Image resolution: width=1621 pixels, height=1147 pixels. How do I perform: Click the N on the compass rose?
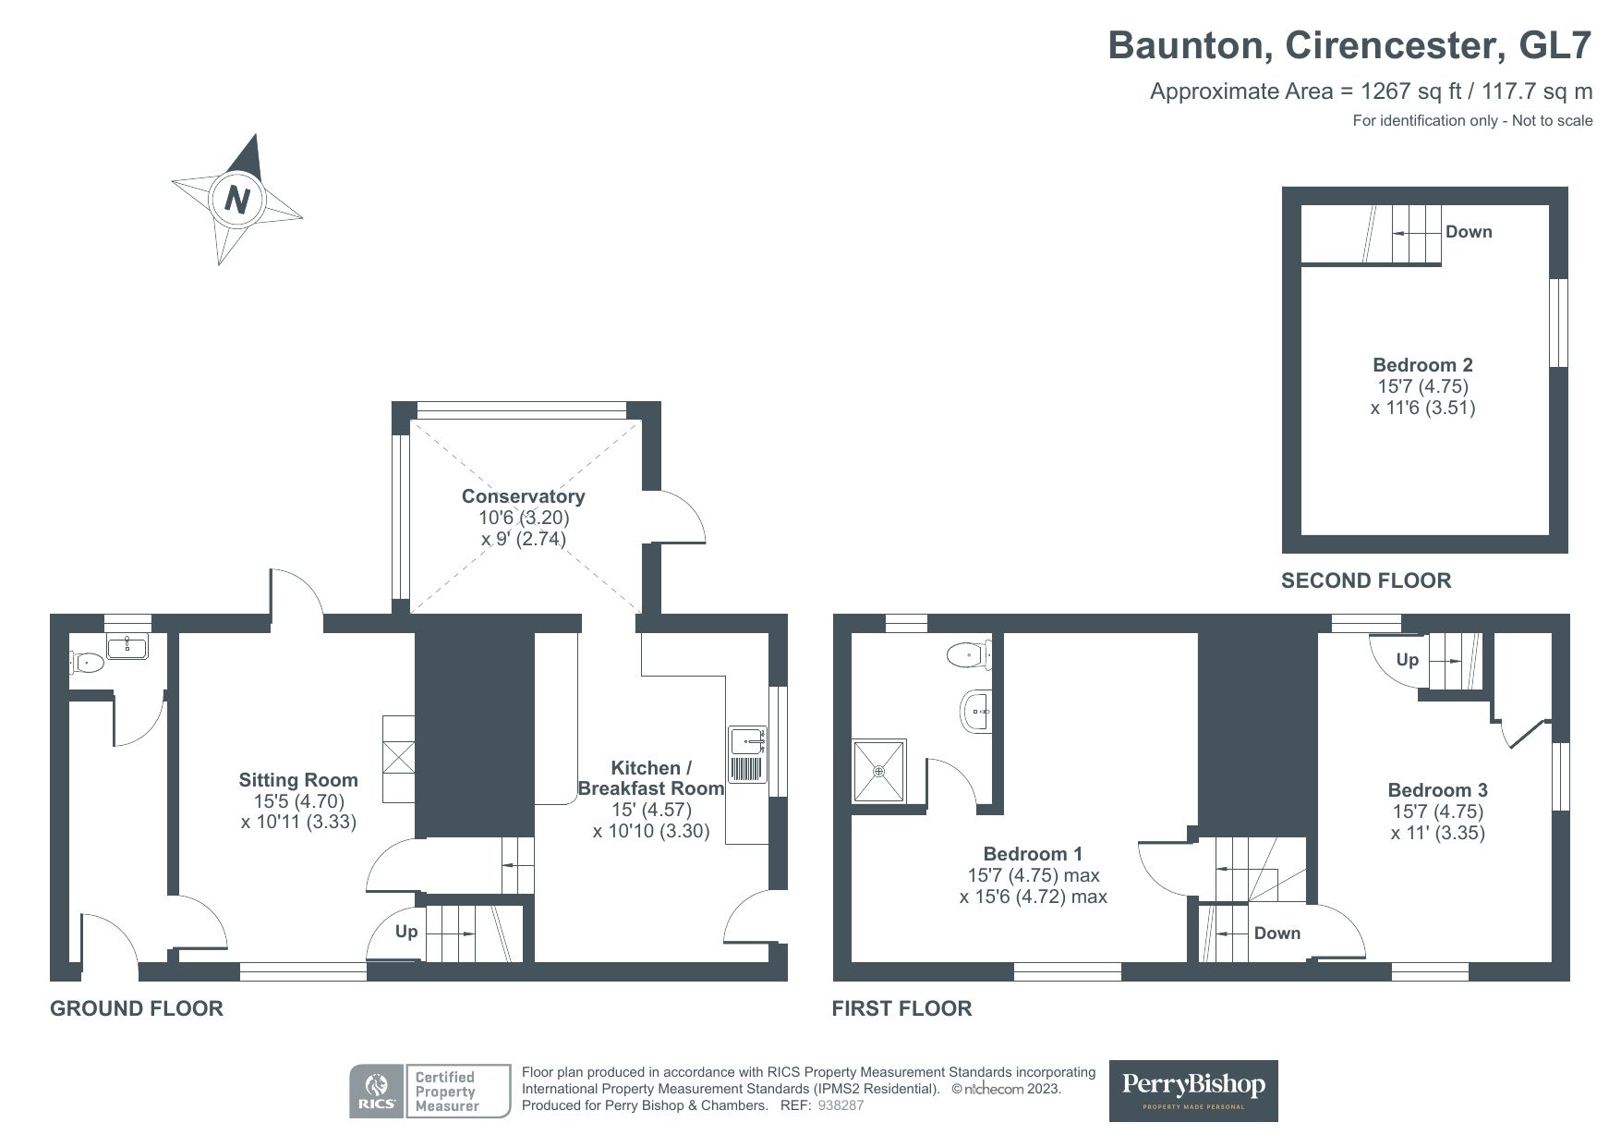(x=237, y=200)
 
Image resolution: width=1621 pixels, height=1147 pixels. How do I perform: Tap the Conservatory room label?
(x=523, y=496)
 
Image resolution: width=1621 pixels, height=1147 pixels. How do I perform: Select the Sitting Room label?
(x=297, y=780)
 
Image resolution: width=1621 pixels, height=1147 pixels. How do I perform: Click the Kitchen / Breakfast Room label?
(x=650, y=778)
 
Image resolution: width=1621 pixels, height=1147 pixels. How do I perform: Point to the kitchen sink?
(x=748, y=741)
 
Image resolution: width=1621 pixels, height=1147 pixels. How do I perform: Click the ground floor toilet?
(x=88, y=661)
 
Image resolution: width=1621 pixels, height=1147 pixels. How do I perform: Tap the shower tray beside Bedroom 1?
(x=879, y=769)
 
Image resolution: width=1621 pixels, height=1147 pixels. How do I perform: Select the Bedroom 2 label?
(x=1422, y=365)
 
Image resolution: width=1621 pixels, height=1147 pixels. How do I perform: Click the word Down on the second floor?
(x=1468, y=232)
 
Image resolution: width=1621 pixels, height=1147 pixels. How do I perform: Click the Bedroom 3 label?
(x=1437, y=790)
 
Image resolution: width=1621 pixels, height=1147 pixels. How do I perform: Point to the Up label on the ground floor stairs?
(x=406, y=932)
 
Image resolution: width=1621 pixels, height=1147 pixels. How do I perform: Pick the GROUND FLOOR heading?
(x=137, y=1008)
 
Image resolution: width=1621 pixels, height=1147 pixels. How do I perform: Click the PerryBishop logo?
(x=1192, y=1090)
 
